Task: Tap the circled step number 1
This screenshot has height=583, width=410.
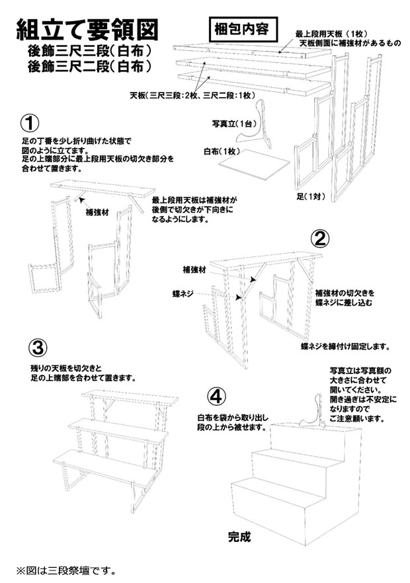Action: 30,123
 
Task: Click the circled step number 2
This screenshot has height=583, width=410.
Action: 320,239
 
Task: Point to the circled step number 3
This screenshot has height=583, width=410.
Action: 38,346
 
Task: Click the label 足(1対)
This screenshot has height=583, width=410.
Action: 310,196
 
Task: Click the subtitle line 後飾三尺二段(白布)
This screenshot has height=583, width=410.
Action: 90,67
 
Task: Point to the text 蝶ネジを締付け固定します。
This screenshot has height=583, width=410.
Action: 345,345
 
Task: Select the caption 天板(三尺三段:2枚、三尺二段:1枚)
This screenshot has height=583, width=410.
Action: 192,96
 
